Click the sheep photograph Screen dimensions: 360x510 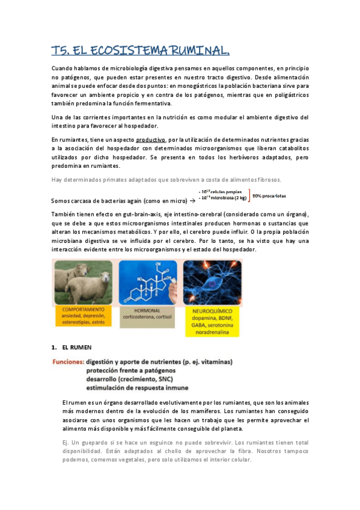pyautogui.click(x=83, y=283)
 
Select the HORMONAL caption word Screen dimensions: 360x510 pyautogui.click(x=147, y=309)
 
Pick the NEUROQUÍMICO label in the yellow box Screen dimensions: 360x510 pyautogui.click(x=212, y=312)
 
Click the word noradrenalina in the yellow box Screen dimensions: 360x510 pyautogui.click(x=212, y=337)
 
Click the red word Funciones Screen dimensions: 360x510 pyautogui.click(x=67, y=362)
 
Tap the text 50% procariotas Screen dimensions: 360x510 pyautogui.click(x=269, y=196)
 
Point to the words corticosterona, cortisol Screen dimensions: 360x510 pyautogui.click(x=147, y=316)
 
